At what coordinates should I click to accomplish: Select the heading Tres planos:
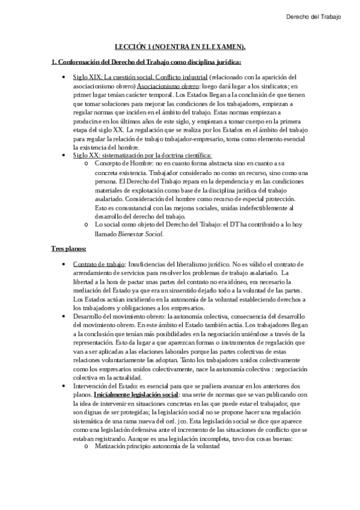coord(68,231)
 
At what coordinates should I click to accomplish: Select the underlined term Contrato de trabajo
coord(99,247)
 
